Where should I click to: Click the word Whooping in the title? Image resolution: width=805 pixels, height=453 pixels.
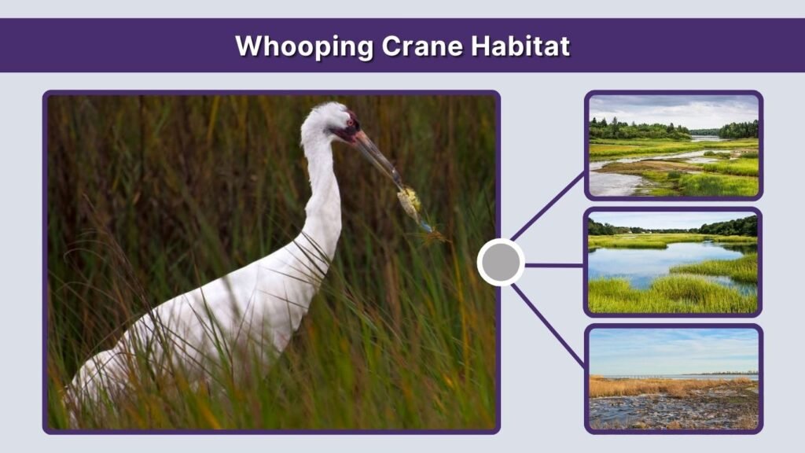click(303, 46)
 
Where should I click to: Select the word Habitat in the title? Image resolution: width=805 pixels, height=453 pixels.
click(520, 46)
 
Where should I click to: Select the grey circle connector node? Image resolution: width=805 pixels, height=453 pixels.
click(501, 263)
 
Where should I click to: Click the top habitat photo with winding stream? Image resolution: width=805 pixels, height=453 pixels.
click(674, 145)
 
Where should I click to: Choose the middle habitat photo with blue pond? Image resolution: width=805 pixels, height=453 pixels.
click(674, 262)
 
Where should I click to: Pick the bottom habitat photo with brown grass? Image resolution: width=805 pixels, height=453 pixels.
click(674, 378)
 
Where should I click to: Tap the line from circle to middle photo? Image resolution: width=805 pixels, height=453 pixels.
click(554, 265)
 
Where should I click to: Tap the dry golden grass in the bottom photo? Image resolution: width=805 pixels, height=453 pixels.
click(652, 386)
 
